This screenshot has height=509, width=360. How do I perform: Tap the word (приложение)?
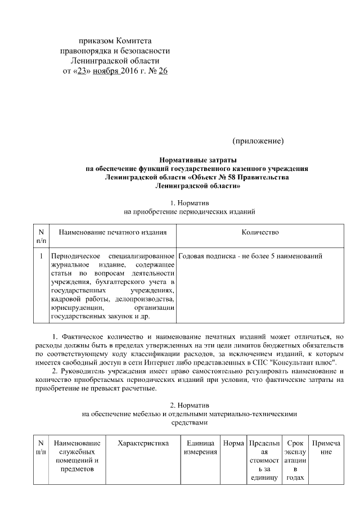point(258,139)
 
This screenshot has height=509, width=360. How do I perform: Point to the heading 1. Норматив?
point(189,202)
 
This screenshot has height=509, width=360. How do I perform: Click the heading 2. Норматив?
point(189,405)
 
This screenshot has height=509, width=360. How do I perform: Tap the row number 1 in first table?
point(41,256)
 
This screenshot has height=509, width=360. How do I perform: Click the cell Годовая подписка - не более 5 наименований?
point(250,256)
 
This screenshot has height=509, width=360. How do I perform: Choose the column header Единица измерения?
point(200,448)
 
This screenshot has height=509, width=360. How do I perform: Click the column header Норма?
point(233,444)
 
